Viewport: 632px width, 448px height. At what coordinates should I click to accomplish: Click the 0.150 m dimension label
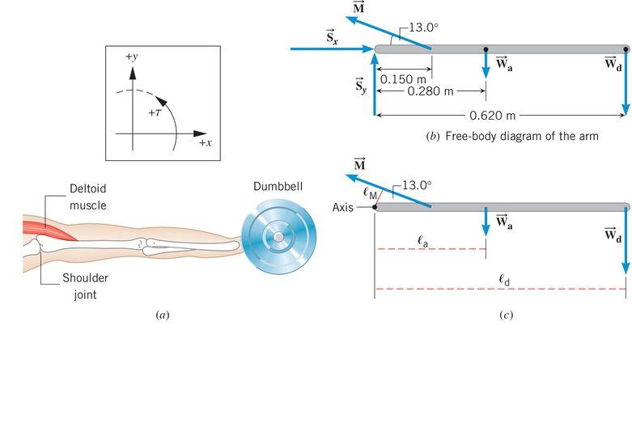coord(403,79)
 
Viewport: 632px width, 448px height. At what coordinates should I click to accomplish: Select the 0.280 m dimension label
coord(431,91)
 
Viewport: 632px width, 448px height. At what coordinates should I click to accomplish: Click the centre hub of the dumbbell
coord(278,236)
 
